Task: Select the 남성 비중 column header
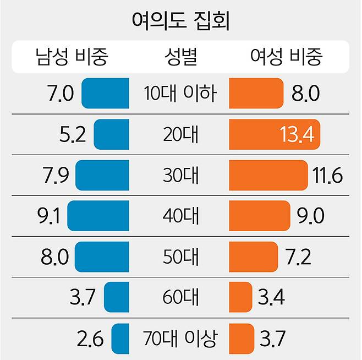coord(72,56)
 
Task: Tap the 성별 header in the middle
coord(181,56)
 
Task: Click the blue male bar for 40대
coord(98,216)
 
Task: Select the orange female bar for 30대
coord(268,176)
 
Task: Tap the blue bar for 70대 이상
coord(120,338)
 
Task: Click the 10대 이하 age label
coord(181,94)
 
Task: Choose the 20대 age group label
coord(181,135)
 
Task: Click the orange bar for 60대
coord(240,297)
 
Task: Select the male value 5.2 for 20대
coord(72,135)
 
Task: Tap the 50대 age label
coord(181,257)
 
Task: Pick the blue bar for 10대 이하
coord(105,94)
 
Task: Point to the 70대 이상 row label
coord(181,338)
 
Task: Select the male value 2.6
coord(90,338)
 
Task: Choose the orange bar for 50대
coord(253,257)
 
